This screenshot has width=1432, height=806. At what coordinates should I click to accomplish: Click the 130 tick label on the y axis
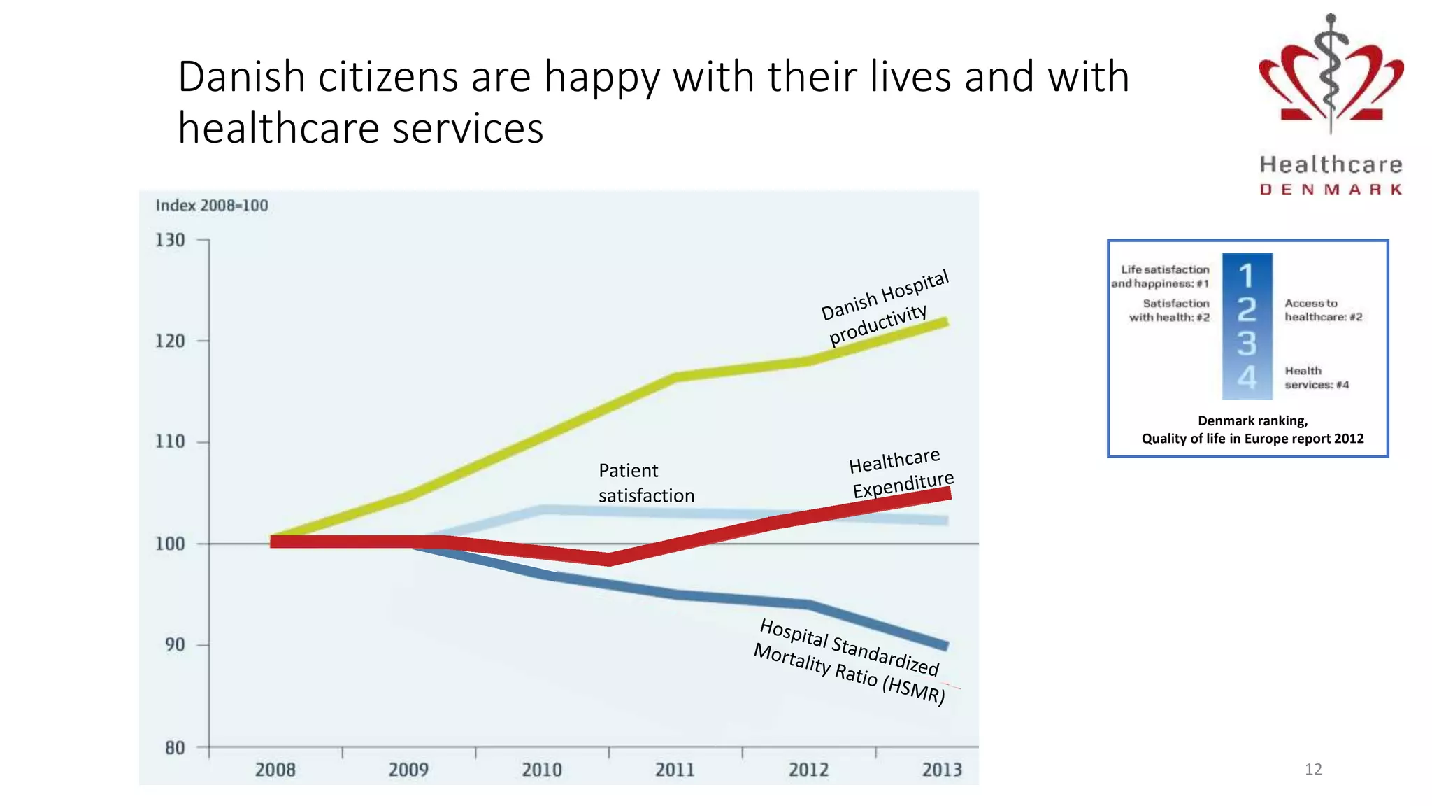170,241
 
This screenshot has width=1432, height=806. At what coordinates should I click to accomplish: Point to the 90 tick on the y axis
176,644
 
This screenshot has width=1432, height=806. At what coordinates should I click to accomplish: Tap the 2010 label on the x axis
542,770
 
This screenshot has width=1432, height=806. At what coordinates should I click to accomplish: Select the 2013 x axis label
942,770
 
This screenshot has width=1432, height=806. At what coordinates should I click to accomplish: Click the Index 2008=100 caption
212,206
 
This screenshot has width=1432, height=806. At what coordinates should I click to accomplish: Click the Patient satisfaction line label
645,483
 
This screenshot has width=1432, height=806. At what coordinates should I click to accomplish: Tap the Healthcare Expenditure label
900,473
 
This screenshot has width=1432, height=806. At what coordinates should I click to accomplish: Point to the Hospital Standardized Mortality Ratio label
850,661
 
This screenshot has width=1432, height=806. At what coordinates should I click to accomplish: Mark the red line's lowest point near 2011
609,559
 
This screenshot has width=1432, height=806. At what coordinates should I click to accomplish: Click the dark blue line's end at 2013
945,645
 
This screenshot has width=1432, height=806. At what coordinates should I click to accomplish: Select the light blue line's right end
945,521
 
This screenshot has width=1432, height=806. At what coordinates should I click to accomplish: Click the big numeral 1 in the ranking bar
1246,276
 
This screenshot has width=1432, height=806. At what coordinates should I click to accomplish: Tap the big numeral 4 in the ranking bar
1247,379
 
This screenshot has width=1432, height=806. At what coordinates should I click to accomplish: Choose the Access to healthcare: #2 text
1323,310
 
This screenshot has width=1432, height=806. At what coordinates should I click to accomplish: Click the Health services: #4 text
1316,378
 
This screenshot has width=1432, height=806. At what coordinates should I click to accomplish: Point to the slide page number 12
1313,770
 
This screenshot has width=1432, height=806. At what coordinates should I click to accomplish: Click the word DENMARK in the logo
1331,190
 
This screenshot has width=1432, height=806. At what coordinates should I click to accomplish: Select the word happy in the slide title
602,77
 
